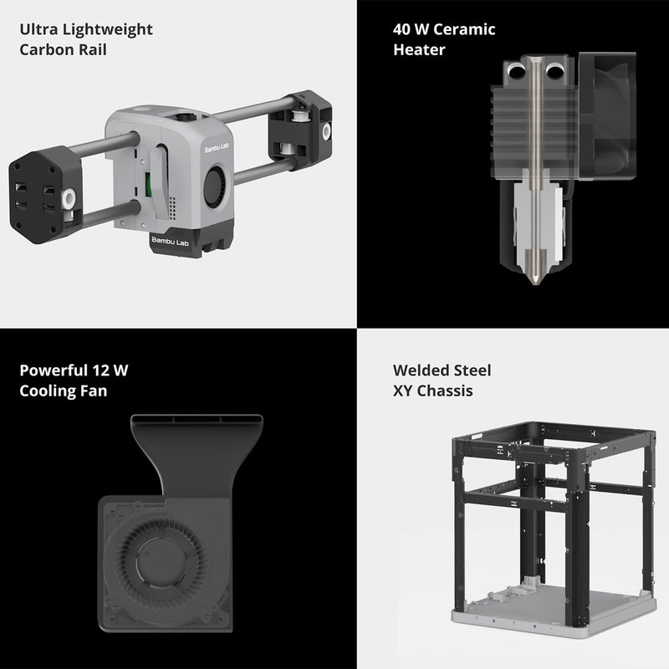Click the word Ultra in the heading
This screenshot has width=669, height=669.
(x=37, y=30)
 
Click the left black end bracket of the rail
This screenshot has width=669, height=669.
(x=46, y=195)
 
